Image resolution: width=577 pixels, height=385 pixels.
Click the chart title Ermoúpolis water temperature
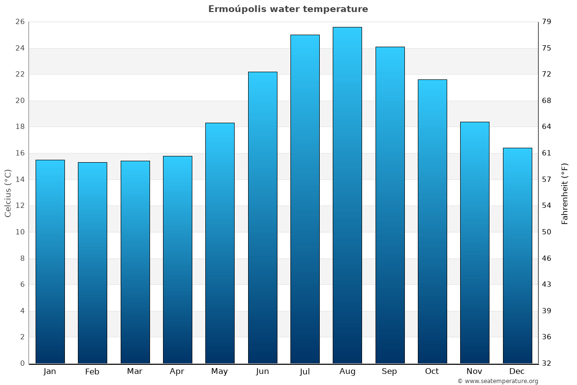[288, 9]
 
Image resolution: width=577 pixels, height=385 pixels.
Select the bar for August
[347, 195]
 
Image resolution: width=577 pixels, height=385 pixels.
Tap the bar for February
[92, 262]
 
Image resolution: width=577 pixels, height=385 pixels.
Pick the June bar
[263, 218]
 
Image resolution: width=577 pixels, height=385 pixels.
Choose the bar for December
[517, 255]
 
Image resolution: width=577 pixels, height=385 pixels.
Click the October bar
[432, 221]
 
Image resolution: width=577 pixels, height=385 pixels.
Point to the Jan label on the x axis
[50, 372]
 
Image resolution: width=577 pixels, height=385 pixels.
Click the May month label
[220, 372]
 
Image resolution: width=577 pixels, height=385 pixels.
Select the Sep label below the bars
[389, 372]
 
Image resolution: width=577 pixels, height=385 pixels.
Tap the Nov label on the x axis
[475, 372]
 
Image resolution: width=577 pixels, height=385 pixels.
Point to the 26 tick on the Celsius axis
[20, 22]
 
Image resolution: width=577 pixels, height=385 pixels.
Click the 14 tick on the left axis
[20, 180]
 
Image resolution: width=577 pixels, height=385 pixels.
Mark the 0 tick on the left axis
[22, 363]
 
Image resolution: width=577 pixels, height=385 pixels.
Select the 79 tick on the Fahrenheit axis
[547, 22]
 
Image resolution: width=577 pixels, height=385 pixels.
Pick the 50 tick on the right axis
[547, 232]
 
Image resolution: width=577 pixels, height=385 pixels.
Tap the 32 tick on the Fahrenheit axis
[547, 363]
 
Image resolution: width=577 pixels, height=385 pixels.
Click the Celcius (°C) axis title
[8, 193]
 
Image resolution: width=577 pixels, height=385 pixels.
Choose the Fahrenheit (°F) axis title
[565, 193]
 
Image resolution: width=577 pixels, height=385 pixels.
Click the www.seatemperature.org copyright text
[498, 381]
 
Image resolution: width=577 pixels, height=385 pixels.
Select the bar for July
[305, 199]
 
